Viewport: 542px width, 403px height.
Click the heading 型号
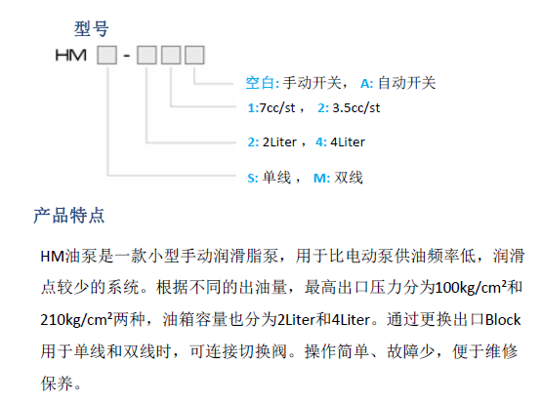92,28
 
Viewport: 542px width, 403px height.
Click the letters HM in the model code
71,56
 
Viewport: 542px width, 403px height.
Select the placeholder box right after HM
107,56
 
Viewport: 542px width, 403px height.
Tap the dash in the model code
127,56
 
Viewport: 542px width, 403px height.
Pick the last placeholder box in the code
194,56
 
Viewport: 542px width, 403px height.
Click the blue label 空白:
263,83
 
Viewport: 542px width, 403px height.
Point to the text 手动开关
313,83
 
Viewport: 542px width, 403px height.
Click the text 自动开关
407,83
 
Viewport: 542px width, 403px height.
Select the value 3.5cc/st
356,108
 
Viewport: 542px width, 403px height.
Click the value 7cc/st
277,108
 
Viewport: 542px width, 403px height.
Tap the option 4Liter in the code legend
348,141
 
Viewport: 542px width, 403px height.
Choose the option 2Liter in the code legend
279,141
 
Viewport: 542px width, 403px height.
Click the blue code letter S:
253,179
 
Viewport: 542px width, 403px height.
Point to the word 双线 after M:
349,178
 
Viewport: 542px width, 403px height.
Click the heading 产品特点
68,216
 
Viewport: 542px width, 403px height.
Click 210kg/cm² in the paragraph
76,319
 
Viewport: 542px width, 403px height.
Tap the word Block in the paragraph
503,320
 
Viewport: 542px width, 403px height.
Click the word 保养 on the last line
57,383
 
